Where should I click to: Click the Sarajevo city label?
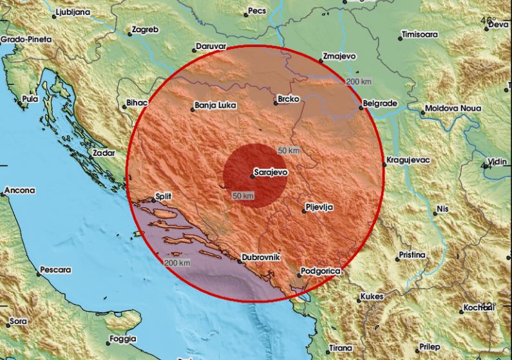click(x=270, y=173)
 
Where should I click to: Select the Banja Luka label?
click(x=215, y=106)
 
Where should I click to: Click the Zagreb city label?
click(x=144, y=30)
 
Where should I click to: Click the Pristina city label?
click(x=412, y=255)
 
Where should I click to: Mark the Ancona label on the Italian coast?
click(x=20, y=191)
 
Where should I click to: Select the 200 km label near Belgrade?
click(x=358, y=82)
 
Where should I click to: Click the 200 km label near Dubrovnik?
click(x=177, y=263)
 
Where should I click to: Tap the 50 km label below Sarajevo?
click(x=242, y=195)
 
